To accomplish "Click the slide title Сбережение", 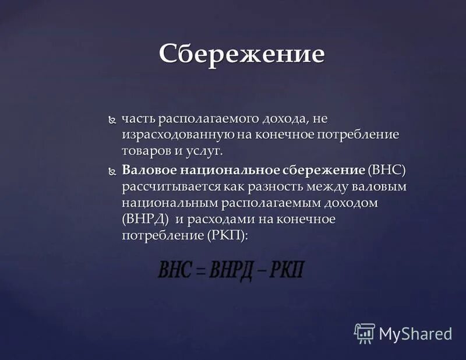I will (242, 54).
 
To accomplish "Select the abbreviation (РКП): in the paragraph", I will (227, 237).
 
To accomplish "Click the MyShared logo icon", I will (365, 333).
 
